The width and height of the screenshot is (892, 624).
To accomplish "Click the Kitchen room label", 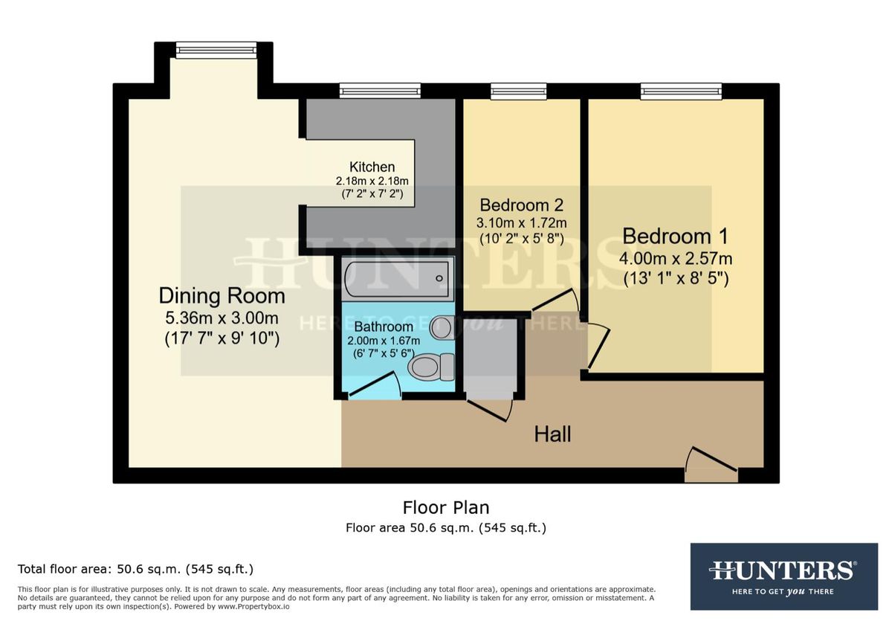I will coord(372,167).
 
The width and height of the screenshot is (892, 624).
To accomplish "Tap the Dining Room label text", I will coord(222,296).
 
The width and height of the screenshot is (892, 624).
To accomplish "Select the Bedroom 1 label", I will coord(675,237).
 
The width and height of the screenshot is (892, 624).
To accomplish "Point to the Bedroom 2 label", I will coord(521,205).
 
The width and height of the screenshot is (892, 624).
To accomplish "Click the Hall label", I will coord(552,434).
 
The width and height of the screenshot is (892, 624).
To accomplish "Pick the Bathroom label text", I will coord(383,327).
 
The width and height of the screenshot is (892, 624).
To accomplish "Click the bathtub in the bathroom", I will coord(397,279).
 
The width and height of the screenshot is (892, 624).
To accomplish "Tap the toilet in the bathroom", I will coord(432,365).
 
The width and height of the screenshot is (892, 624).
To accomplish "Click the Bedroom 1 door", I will coord(598,346).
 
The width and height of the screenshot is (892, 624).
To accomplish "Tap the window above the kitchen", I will coord(380,91).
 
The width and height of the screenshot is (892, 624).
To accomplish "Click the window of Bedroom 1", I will coord(681,91).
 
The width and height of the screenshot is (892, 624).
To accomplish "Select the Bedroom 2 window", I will coord(518,91).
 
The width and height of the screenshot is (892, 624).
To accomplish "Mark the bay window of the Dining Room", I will coord(216,50).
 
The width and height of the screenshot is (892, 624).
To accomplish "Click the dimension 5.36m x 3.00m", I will coord(222,318).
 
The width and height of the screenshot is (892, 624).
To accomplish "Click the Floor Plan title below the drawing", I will coord(445,508).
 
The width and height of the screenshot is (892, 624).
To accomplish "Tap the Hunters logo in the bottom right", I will coord(783,576).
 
